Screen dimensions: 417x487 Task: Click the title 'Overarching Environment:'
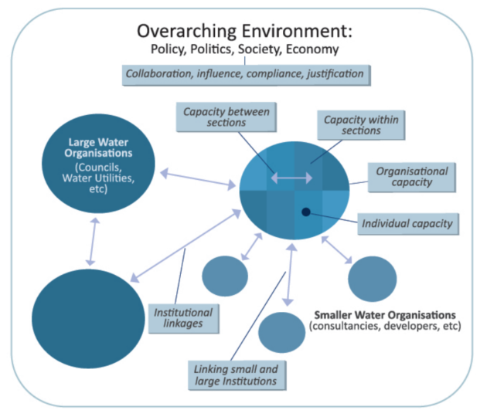click(x=244, y=31)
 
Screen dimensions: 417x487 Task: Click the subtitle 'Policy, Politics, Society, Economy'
click(x=244, y=51)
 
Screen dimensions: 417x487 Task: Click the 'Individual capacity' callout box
click(x=407, y=224)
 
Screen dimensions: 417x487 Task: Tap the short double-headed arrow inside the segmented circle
click(x=291, y=179)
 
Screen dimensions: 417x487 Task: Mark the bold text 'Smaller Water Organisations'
click(x=385, y=314)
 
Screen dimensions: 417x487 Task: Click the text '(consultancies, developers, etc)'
click(x=384, y=327)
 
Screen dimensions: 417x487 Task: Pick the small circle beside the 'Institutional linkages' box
click(x=225, y=276)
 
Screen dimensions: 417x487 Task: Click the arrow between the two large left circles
click(x=92, y=242)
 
